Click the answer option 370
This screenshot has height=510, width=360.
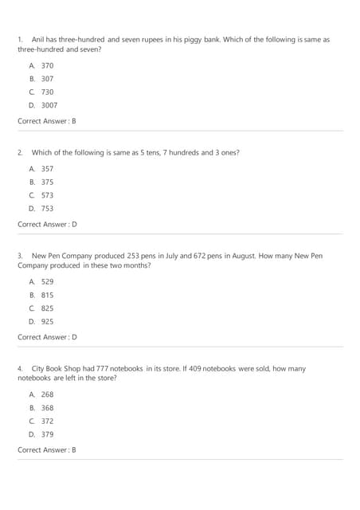pyautogui.click(x=47, y=65)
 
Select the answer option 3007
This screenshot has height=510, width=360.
pyautogui.click(x=49, y=104)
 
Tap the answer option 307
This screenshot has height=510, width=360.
pyautogui.click(x=47, y=79)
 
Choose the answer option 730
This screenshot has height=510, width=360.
pyautogui.click(x=47, y=92)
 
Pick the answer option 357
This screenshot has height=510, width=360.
pyautogui.click(x=47, y=169)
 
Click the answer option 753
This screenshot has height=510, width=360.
pyautogui.click(x=47, y=208)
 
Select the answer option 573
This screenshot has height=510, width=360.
pyautogui.click(x=47, y=195)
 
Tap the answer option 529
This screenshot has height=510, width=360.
pyautogui.click(x=47, y=281)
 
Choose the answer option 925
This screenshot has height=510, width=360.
pyautogui.click(x=47, y=321)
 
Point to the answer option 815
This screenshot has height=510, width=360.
pyautogui.click(x=47, y=295)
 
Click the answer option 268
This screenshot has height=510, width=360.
pyautogui.click(x=47, y=394)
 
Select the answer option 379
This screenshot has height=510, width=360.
pyautogui.click(x=47, y=434)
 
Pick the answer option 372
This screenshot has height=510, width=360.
pyautogui.click(x=47, y=421)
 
